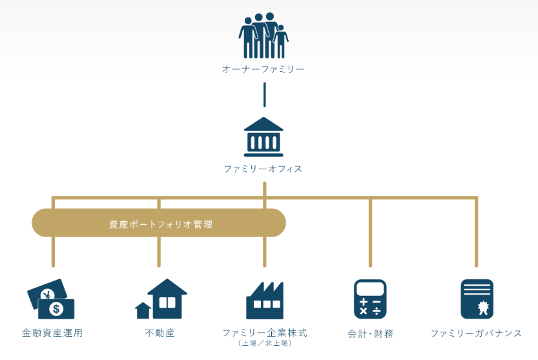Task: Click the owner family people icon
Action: tap(264, 36)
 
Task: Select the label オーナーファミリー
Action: tap(264, 69)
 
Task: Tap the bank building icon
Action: tap(264, 137)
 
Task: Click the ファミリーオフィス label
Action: tap(264, 169)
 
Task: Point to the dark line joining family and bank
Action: tap(264, 94)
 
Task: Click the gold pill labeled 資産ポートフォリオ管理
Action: tap(159, 223)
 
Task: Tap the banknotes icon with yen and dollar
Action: tap(51, 299)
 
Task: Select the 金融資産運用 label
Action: tap(52, 334)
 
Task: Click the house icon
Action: tap(161, 299)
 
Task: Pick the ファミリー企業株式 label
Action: tap(264, 333)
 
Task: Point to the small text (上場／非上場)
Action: tap(264, 343)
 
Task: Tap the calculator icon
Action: tap(370, 299)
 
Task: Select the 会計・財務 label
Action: tap(370, 334)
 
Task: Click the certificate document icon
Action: tap(477, 299)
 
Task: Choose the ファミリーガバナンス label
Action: tap(477, 334)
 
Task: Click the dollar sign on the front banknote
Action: tap(57, 309)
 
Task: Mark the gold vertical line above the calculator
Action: tap(370, 233)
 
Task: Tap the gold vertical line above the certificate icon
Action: tap(477, 233)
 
